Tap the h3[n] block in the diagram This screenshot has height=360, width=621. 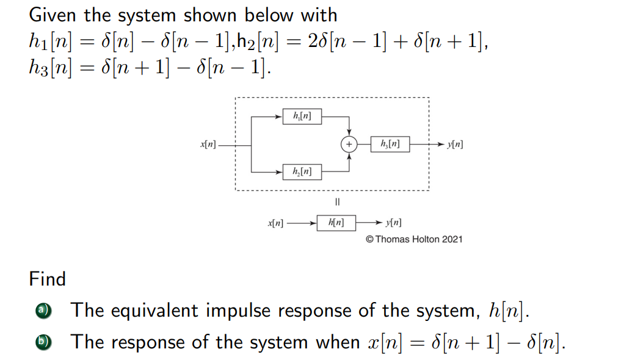click(x=391, y=144)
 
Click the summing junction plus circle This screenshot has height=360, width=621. click(x=349, y=144)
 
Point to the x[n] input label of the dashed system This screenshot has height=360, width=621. click(x=208, y=145)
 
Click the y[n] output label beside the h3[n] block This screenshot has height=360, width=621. click(x=455, y=145)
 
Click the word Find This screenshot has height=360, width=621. click(x=47, y=279)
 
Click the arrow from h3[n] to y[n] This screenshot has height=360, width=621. click(x=428, y=145)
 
